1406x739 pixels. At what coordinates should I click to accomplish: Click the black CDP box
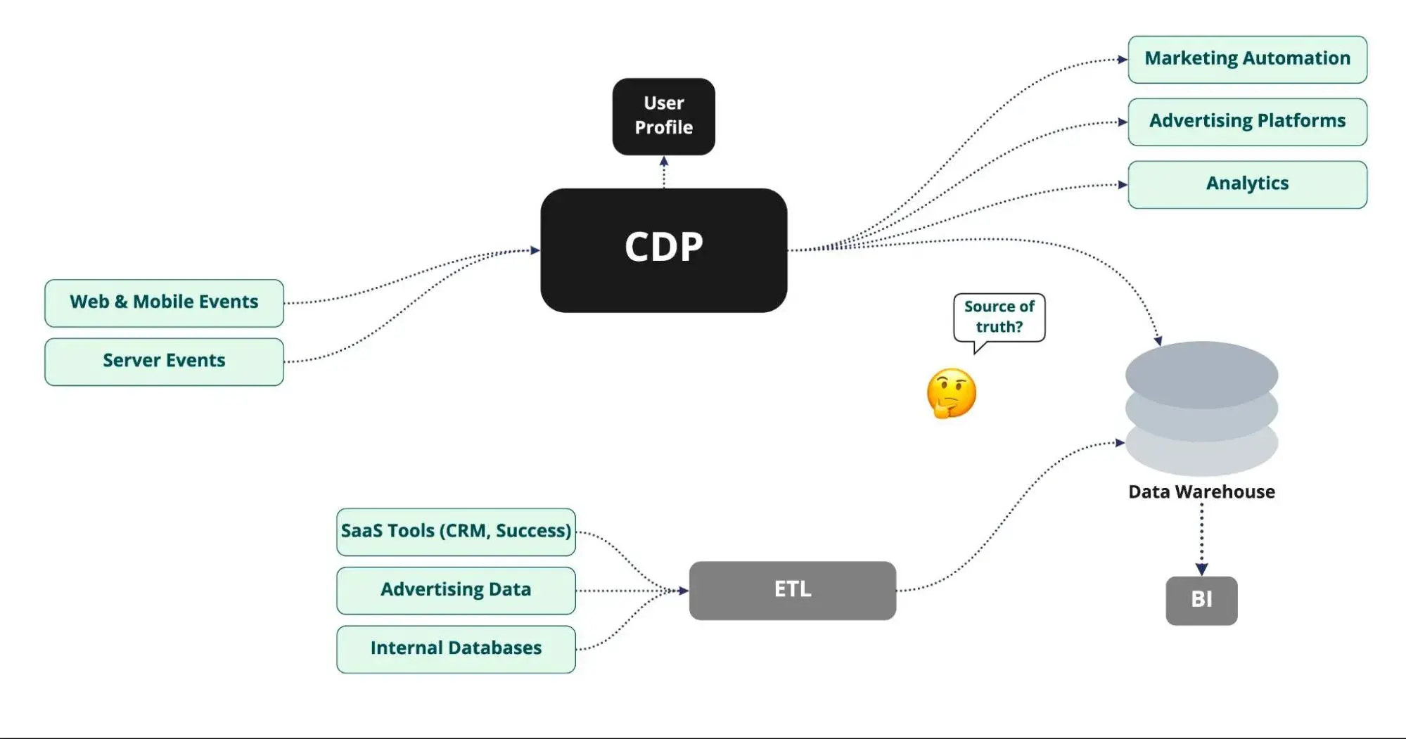pyautogui.click(x=663, y=250)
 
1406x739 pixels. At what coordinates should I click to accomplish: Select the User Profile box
pyautogui.click(x=663, y=116)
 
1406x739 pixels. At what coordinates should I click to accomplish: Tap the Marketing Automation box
pyautogui.click(x=1247, y=59)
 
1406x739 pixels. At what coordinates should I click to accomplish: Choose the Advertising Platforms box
pyautogui.click(x=1247, y=122)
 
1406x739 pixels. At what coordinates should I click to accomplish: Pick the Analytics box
pyautogui.click(x=1247, y=184)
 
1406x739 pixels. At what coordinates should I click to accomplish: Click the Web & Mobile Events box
pyautogui.click(x=164, y=303)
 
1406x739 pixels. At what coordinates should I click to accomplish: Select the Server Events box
pyautogui.click(x=164, y=361)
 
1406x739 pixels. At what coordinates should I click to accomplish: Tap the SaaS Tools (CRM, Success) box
pyautogui.click(x=456, y=532)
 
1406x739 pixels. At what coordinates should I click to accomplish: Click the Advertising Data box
pyautogui.click(x=456, y=590)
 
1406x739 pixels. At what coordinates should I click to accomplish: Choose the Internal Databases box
pyautogui.click(x=456, y=649)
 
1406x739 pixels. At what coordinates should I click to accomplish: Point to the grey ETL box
pyautogui.click(x=792, y=590)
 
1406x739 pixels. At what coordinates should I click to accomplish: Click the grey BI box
pyautogui.click(x=1201, y=600)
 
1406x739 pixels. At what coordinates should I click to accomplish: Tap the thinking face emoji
pyautogui.click(x=951, y=393)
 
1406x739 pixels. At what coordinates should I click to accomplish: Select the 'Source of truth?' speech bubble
pyautogui.click(x=999, y=318)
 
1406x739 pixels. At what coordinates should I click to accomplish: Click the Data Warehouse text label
pyautogui.click(x=1201, y=491)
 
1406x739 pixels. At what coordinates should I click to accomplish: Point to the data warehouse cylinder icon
pyautogui.click(x=1201, y=408)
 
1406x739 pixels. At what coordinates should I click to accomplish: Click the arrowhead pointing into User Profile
pyautogui.click(x=663, y=161)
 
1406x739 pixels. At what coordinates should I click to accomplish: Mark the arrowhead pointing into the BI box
pyautogui.click(x=1201, y=569)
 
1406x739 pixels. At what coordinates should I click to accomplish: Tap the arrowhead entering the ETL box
pyautogui.click(x=683, y=591)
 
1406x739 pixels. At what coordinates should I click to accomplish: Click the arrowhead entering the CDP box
pyautogui.click(x=535, y=250)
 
